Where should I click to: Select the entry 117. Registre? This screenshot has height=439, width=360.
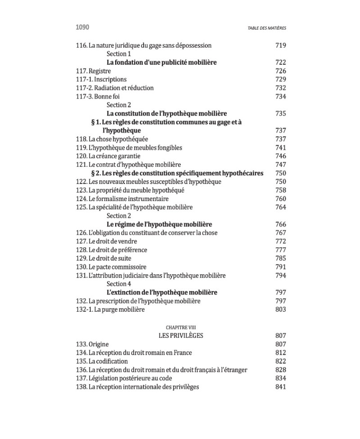tap(94, 71)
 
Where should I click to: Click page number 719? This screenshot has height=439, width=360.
tap(280, 45)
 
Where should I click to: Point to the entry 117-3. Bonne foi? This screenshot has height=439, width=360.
tap(98, 97)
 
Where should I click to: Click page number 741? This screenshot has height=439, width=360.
tap(280, 148)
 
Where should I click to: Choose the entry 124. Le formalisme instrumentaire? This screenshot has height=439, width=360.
tap(122, 199)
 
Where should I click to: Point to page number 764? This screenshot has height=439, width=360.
tap(280, 207)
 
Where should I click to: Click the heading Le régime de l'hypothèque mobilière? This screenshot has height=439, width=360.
tap(159, 224)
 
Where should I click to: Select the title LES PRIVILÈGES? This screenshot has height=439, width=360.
tap(181, 336)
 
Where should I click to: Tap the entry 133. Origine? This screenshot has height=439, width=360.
tap(92, 345)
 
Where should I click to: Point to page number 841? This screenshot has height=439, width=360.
tap(280, 387)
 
